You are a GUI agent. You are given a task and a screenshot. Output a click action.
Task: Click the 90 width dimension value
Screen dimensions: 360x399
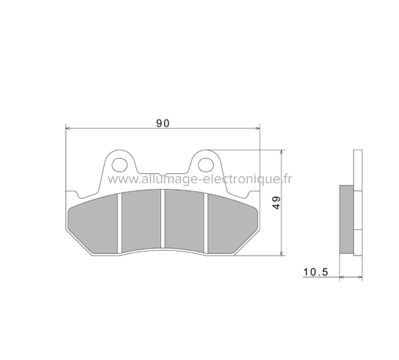pos(162,123)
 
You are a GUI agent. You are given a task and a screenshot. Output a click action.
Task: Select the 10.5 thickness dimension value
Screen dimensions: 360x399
pos(316,272)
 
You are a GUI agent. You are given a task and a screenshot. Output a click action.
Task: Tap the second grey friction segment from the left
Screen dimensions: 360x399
pos(140,220)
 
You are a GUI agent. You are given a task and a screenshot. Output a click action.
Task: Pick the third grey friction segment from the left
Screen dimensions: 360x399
pos(185,220)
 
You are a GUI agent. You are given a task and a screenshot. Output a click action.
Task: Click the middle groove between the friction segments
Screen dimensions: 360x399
pos(162,220)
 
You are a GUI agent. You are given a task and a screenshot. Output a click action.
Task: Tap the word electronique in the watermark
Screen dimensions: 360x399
pos(243,180)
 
